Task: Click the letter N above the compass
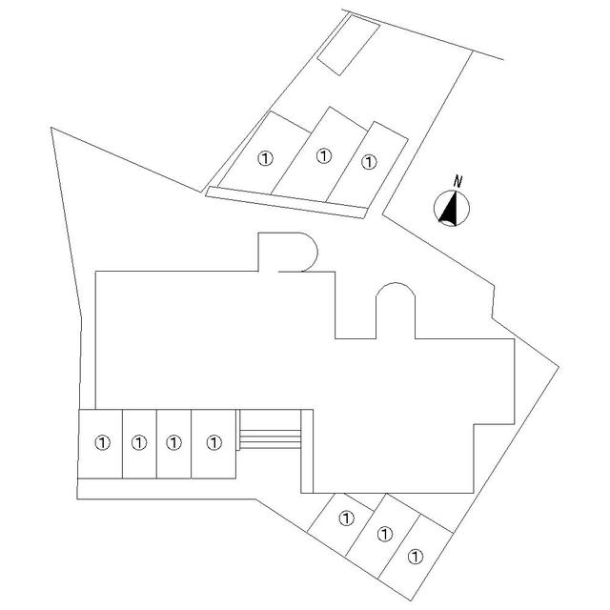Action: [457, 181]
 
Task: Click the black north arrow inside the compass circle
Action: [450, 209]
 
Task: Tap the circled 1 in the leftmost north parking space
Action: [266, 158]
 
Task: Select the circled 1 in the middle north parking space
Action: [324, 156]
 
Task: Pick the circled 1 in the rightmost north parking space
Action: [369, 162]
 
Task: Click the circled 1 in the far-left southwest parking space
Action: [103, 442]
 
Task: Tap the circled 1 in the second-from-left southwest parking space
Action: [139, 442]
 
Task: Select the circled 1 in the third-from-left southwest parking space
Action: [173, 442]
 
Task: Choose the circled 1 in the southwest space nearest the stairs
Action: [213, 442]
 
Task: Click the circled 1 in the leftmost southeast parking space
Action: [346, 518]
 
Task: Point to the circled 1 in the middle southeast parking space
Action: [385, 534]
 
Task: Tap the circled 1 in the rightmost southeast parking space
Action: [416, 557]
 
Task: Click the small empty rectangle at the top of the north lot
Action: [348, 45]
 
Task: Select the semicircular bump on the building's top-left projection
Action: [309, 252]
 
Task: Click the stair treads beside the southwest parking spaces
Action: [270, 439]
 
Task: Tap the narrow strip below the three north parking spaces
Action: [286, 202]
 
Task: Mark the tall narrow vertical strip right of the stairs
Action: [307, 451]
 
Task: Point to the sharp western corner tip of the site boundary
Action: [51, 128]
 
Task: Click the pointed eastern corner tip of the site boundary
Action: [559, 367]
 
